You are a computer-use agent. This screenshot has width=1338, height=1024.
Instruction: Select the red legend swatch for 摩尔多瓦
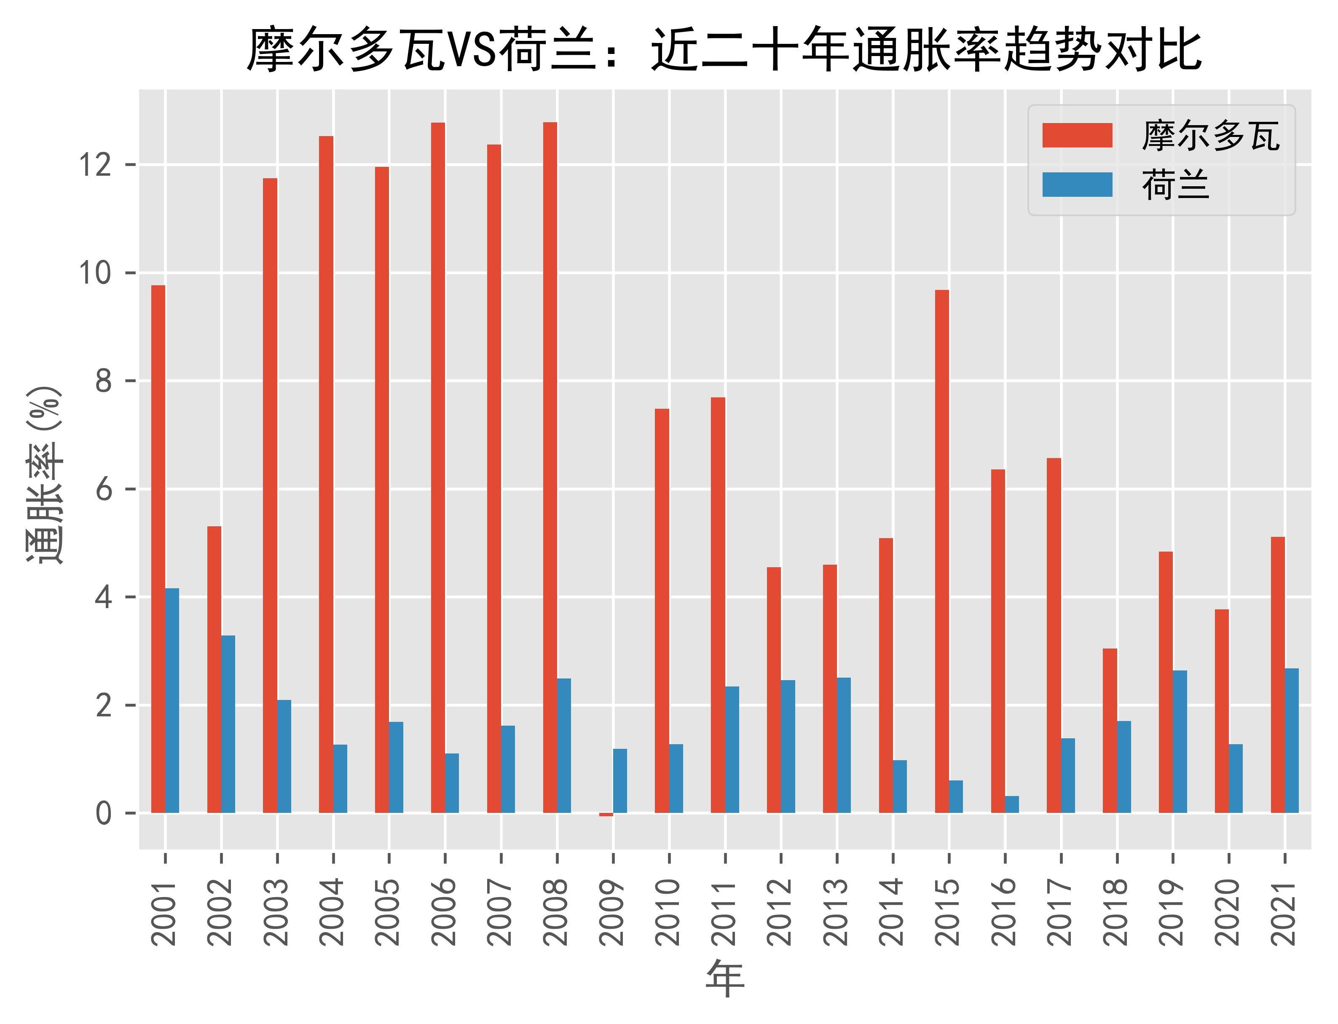tap(1077, 135)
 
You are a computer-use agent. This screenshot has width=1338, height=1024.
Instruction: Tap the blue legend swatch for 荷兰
tap(1077, 185)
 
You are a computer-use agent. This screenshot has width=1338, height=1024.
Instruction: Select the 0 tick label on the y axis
tap(104, 813)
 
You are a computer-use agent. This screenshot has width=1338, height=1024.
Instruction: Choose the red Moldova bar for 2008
tap(550, 467)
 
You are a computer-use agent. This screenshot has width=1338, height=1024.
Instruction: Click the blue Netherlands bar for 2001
tap(172, 701)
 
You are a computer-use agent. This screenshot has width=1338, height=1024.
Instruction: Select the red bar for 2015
tap(942, 552)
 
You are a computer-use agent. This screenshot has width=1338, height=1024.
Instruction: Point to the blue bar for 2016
tap(1012, 804)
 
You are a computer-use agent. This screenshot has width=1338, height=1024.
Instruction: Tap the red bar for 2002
tap(214, 669)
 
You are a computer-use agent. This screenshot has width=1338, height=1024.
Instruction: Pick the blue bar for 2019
tap(1180, 742)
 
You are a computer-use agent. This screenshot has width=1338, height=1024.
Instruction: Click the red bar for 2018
tap(1110, 731)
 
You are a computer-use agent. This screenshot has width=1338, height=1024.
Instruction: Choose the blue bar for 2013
tap(844, 745)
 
